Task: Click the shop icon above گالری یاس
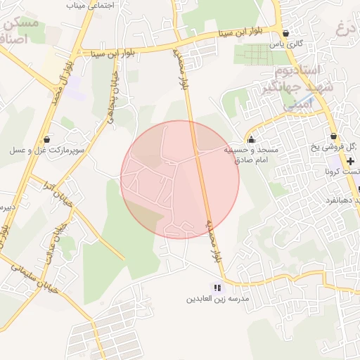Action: click(285, 33)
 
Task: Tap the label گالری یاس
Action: click(286, 44)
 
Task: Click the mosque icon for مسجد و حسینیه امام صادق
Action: click(252, 139)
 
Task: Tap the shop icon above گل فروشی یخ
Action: click(333, 136)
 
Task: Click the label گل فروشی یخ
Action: click(344, 147)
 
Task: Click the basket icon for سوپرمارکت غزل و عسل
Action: click(46, 139)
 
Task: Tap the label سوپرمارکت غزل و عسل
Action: click(47, 150)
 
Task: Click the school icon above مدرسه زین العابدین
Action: click(217, 288)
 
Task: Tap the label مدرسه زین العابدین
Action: click(217, 299)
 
